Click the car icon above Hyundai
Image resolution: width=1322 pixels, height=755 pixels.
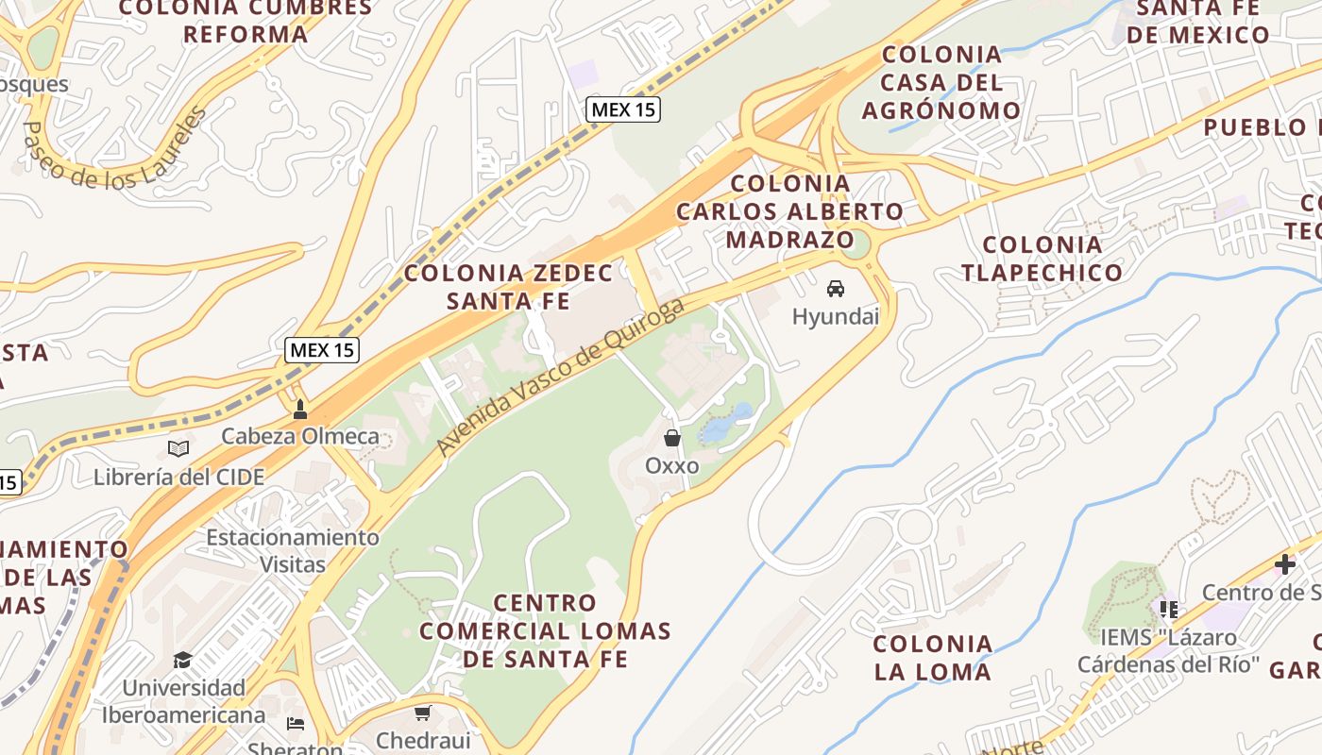[836, 289]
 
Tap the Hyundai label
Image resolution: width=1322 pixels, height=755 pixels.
[836, 316]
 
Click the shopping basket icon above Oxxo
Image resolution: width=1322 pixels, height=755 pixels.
[672, 438]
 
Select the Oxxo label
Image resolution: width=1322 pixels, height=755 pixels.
[672, 465]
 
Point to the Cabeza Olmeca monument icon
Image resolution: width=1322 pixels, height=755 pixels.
[300, 410]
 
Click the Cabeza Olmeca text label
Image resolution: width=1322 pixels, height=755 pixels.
[300, 436]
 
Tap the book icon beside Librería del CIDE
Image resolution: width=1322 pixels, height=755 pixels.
[178, 449]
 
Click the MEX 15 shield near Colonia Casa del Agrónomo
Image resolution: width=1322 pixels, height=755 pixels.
[622, 109]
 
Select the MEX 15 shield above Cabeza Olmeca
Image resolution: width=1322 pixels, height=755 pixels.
[322, 350]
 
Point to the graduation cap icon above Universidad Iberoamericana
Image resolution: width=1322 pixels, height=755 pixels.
[182, 660]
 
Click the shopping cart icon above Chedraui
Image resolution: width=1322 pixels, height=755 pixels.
[422, 713]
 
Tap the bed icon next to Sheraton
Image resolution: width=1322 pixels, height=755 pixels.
[296, 725]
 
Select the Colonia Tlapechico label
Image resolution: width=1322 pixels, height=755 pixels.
[1042, 259]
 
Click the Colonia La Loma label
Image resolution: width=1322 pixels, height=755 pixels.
[932, 658]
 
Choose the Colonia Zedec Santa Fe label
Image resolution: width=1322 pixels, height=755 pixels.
[509, 287]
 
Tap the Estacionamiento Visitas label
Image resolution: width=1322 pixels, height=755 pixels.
[293, 551]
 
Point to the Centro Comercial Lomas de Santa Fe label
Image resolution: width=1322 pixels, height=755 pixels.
[545, 630]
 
